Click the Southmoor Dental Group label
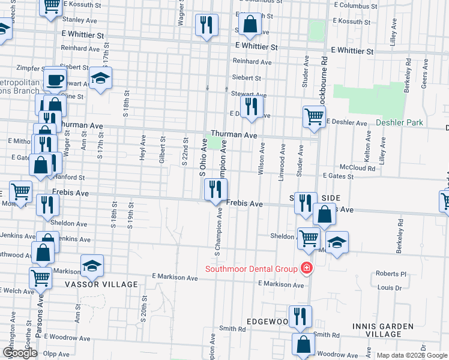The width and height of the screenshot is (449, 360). pyautogui.click(x=252, y=269)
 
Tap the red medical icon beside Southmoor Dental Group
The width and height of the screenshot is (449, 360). pyautogui.click(x=307, y=268)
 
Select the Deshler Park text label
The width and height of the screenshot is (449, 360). pyautogui.click(x=399, y=123)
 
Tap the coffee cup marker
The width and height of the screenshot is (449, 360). pyautogui.click(x=55, y=79)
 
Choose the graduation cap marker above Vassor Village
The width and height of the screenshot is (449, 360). pyautogui.click(x=92, y=266)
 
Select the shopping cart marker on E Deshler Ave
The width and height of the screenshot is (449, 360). pyautogui.click(x=314, y=117)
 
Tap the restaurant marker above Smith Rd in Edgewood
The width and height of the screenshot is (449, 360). pyautogui.click(x=300, y=316)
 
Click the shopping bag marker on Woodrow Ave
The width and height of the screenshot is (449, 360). pyautogui.click(x=304, y=345)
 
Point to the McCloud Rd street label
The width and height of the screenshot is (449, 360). pyautogui.click(x=357, y=168)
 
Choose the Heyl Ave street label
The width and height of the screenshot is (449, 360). pyautogui.click(x=143, y=148)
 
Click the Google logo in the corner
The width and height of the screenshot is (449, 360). pyautogui.click(x=20, y=353)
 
